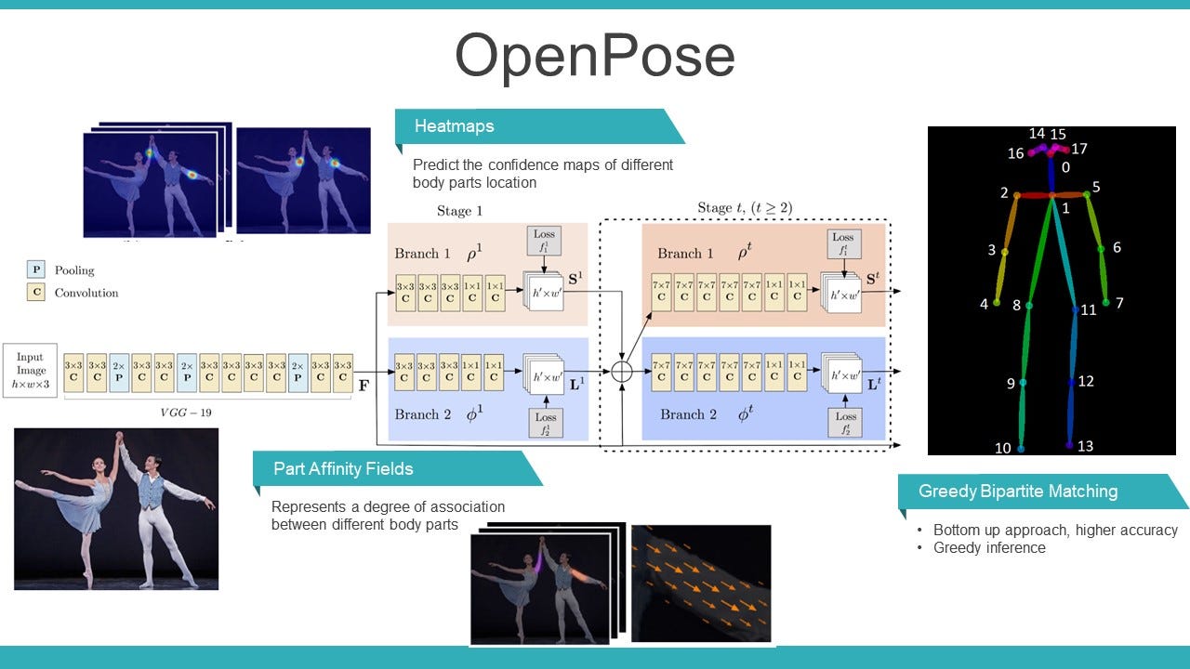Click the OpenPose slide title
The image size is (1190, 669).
click(x=594, y=58)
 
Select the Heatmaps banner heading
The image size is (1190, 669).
click(x=454, y=126)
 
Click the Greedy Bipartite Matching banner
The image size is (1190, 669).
click(x=1017, y=492)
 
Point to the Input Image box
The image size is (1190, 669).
click(x=30, y=371)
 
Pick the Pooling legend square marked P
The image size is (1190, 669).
click(x=36, y=270)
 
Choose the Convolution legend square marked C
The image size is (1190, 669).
click(x=36, y=293)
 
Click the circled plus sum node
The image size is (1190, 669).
click(x=622, y=372)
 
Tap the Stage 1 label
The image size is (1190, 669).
click(x=459, y=211)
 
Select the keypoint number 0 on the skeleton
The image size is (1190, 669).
click(x=1065, y=168)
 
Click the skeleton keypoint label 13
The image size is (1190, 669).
click(x=1085, y=446)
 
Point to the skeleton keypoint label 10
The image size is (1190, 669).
click(x=1002, y=449)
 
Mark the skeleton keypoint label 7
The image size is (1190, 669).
click(x=1119, y=303)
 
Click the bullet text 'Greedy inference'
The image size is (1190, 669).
click(x=989, y=548)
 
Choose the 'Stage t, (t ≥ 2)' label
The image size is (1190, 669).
click(x=745, y=207)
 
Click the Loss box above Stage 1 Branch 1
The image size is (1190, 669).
click(x=544, y=241)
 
